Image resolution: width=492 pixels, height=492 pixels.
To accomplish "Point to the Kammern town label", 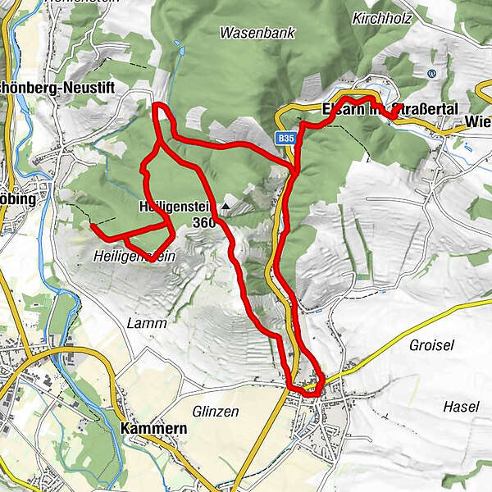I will (x=153, y=429).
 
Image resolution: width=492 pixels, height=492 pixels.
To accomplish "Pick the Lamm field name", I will (x=147, y=323).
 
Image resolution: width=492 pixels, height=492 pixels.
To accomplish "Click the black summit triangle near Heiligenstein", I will (x=225, y=207).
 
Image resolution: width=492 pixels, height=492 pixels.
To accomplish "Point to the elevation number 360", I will (x=205, y=222).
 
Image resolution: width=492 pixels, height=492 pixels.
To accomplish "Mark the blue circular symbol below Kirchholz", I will (x=432, y=74).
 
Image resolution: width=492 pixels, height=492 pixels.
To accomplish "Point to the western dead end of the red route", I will (x=93, y=224).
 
